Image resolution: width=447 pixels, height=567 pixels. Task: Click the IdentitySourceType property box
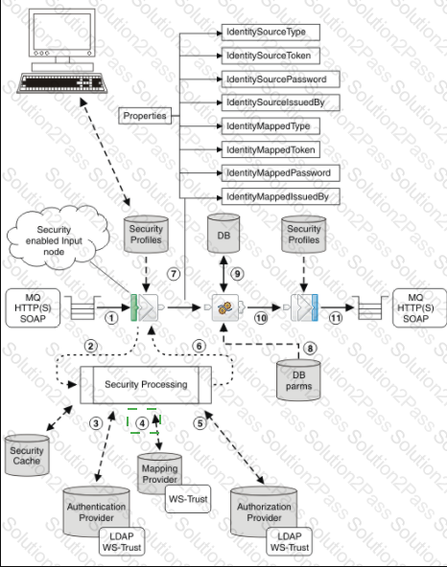pos(271,33)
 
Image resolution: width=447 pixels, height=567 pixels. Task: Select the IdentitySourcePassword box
pos(280,79)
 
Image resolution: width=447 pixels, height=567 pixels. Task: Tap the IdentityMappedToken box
pos(271,149)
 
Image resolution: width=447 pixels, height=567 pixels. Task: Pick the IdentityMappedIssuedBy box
pos(280,196)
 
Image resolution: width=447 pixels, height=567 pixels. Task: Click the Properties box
pos(145,116)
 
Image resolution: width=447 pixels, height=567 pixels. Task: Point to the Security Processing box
pos(146,384)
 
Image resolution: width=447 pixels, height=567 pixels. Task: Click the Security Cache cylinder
pos(27,455)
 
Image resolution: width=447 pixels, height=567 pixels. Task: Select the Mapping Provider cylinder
pos(159,473)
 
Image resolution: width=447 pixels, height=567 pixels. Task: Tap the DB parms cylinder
pos(298,380)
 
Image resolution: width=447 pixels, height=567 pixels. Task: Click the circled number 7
pos(174,274)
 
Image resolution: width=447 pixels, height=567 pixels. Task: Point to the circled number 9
pos(237,274)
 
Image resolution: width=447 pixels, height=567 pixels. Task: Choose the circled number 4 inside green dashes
pos(142,423)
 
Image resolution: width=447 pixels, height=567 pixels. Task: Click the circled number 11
pos(336,318)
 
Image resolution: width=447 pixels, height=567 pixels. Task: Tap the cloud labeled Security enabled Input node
pos(57,238)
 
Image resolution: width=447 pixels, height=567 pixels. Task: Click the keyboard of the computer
pos(62,82)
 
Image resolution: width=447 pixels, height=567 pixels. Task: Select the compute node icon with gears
pos(226,307)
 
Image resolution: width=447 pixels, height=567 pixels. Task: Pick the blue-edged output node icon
pos(303,307)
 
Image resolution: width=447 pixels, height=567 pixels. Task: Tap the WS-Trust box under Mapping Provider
pos(188,499)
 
